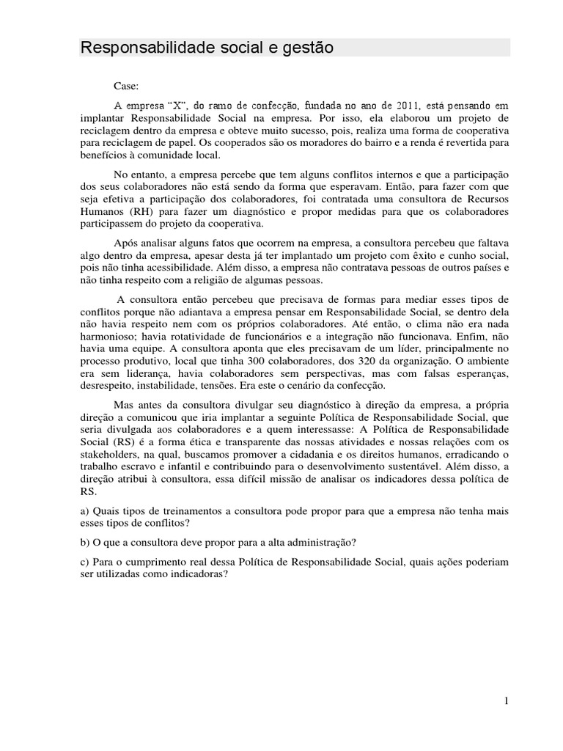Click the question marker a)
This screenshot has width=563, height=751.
(x=84, y=510)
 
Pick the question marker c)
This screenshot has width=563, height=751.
(x=84, y=563)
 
